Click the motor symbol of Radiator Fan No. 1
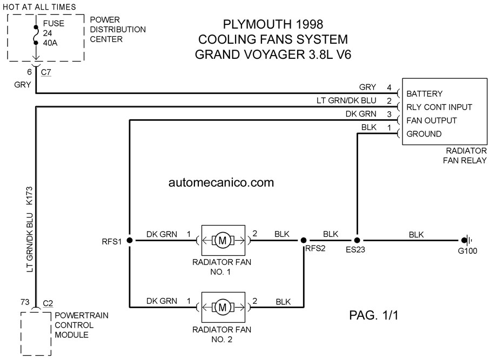(223, 240)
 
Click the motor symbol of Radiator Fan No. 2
(223, 307)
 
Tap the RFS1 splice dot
(130, 240)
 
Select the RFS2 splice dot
(304, 240)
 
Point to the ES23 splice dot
(357, 240)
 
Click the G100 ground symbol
(466, 240)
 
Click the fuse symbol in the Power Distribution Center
(36, 35)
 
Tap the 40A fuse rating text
(50, 43)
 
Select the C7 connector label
(45, 72)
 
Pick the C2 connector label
(48, 303)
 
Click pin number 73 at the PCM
(25, 302)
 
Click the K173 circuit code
(29, 196)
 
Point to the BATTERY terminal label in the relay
(425, 94)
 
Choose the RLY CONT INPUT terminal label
(439, 107)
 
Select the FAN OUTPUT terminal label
(432, 120)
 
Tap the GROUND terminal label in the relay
(424, 134)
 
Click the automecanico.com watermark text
(221, 182)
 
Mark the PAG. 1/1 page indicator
(374, 315)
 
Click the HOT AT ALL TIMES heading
(39, 7)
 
